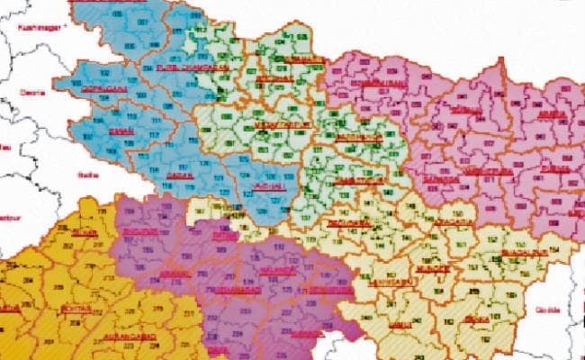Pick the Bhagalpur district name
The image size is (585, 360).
[518, 252]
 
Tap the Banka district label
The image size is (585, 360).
[478, 318]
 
